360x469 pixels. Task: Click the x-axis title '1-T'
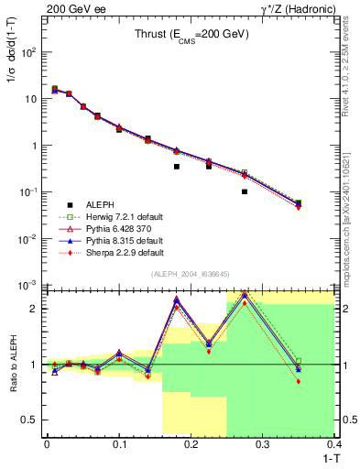pos(327,459)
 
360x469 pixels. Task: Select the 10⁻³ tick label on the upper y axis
pos(29,286)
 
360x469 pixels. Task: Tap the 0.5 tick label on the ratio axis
pos(31,420)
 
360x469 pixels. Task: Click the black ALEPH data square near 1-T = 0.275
pos(245,191)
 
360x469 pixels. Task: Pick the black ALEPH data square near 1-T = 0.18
pos(176,167)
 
